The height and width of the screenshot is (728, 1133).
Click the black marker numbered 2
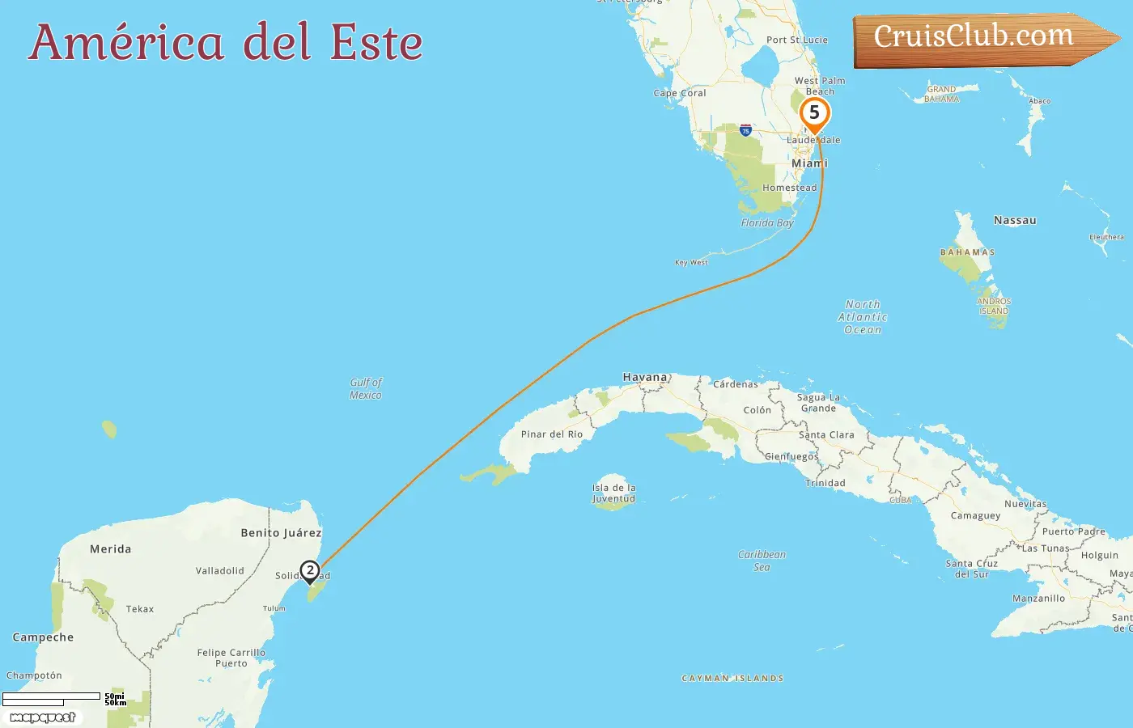[309, 571]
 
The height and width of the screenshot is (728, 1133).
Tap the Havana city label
[645, 377]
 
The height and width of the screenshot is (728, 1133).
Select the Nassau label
[1015, 220]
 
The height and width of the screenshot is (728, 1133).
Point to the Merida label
[110, 549]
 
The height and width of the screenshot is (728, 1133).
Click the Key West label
[691, 262]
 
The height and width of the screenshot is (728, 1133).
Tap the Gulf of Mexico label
[366, 388]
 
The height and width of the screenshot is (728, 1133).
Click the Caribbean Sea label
[762, 561]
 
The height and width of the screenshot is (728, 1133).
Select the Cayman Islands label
[732, 679]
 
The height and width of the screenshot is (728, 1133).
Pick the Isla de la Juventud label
[613, 493]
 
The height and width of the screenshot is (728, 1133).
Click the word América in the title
[126, 43]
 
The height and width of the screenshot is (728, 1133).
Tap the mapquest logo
[42, 717]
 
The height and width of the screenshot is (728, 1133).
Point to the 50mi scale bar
[52, 696]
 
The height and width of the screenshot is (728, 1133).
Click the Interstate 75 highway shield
[745, 130]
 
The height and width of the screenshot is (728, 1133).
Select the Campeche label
[43, 637]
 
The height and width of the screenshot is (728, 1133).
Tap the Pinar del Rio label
[552, 434]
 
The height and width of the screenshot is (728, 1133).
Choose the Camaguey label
[975, 515]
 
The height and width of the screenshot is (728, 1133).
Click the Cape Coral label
[680, 93]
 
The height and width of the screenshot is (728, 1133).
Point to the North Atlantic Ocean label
[863, 317]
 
